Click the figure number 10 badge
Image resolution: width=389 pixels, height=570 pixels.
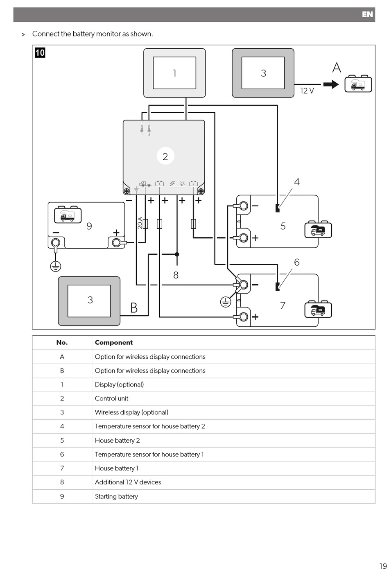coord(40,53)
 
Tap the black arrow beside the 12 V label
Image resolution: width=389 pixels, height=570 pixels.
coord(331,84)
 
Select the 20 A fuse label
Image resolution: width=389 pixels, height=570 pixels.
coord(140,223)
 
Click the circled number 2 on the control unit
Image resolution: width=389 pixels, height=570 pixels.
coord(165,156)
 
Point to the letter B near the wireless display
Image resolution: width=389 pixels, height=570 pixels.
coord(134,308)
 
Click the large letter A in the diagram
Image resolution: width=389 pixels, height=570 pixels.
coord(337,68)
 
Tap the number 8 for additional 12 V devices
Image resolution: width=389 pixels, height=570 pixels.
coord(176,275)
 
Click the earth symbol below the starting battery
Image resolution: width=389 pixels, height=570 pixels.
coord(55,267)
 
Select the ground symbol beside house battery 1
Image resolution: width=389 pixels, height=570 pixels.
coord(225,302)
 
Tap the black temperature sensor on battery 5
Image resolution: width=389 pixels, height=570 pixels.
coord(278,208)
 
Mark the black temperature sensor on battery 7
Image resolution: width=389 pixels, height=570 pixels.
coord(278,287)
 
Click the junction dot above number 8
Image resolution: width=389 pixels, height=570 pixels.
coord(177,254)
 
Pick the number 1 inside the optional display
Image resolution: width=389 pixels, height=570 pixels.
coord(174,73)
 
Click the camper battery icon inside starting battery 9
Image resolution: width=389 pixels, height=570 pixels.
coord(68,215)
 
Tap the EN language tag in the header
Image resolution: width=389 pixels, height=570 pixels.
coord(367,14)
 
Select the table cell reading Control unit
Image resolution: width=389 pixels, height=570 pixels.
coord(111,398)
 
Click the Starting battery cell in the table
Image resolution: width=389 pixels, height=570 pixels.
coord(116,496)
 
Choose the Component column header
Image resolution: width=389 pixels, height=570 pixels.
coord(114,342)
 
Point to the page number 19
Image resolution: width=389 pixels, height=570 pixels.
coord(383,565)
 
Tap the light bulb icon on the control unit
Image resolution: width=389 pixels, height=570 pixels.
coord(182,183)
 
